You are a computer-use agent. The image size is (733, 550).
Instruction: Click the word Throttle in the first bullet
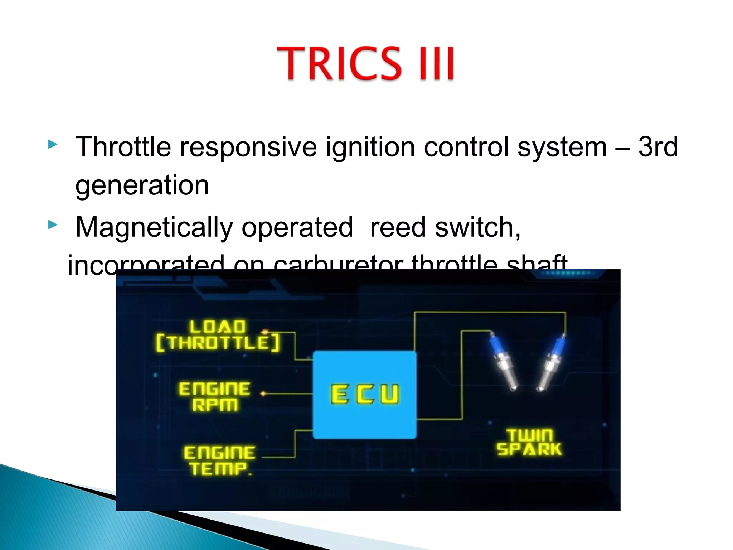pyautogui.click(x=123, y=147)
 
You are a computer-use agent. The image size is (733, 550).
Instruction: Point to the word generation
pyautogui.click(x=142, y=185)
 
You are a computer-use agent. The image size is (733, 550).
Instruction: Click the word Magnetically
pyautogui.click(x=154, y=228)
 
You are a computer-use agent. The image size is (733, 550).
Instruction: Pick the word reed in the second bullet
pyautogui.click(x=398, y=227)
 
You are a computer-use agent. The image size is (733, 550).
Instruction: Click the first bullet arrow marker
pyautogui.click(x=53, y=145)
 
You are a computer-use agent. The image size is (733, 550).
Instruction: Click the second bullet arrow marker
pyautogui.click(x=53, y=225)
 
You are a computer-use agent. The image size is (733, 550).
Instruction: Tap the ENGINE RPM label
pyautogui.click(x=214, y=396)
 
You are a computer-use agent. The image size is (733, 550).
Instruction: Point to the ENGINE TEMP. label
pyautogui.click(x=219, y=460)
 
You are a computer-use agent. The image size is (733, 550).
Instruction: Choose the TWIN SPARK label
pyautogui.click(x=529, y=443)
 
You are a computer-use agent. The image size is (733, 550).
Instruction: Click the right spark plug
pyautogui.click(x=552, y=362)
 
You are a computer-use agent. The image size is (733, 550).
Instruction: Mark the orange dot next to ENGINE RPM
pyautogui.click(x=263, y=394)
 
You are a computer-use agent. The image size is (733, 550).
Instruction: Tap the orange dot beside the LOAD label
pyautogui.click(x=265, y=332)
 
